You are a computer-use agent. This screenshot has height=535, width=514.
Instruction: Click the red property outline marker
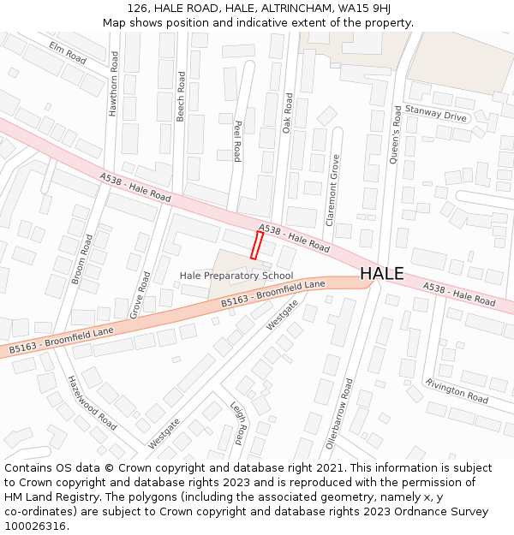tap(256, 245)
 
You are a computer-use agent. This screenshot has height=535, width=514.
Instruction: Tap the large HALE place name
tap(381, 273)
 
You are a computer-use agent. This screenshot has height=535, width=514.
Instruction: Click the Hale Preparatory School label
tap(236, 276)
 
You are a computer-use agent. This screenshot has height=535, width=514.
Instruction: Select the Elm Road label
tap(68, 52)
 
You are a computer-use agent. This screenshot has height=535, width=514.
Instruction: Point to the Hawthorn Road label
tap(113, 83)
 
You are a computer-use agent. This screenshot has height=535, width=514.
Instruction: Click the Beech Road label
tap(181, 95)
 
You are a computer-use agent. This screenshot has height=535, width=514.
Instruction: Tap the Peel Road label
tap(237, 140)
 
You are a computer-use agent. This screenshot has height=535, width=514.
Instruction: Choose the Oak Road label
tap(289, 112)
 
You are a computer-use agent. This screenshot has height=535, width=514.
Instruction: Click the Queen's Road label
tap(396, 134)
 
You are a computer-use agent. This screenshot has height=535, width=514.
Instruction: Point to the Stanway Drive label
tap(436, 113)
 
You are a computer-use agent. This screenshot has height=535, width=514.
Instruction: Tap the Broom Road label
tap(81, 259)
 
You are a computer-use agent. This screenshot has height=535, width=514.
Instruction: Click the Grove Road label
tap(140, 295)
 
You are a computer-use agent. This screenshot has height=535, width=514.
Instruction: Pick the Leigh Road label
tap(237, 425)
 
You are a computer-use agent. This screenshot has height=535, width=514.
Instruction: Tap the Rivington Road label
tap(456, 392)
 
